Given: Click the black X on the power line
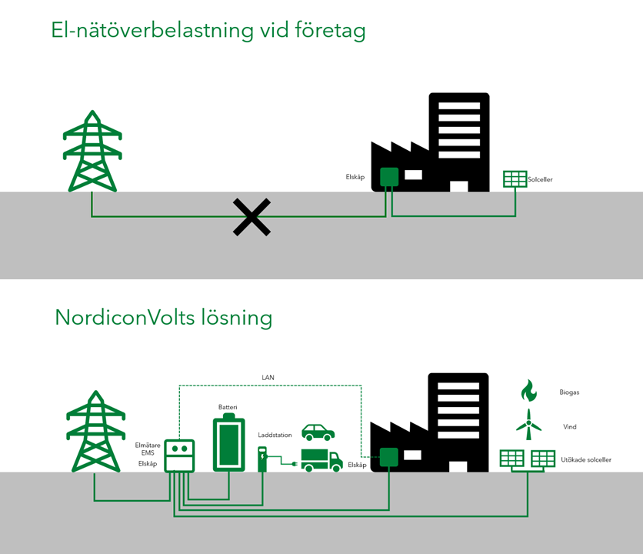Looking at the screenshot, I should click(x=252, y=217).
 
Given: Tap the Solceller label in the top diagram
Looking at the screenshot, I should click(x=540, y=180).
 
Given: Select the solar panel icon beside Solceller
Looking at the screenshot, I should click(x=515, y=179).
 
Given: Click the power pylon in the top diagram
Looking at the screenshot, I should click(x=92, y=152).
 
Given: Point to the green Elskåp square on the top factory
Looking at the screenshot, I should click(x=388, y=178).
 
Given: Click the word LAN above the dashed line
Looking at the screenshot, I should click(x=267, y=378).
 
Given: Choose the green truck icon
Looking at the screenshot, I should click(x=321, y=459).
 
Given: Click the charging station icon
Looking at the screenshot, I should click(x=263, y=459).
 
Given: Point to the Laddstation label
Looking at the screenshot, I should click(x=275, y=436).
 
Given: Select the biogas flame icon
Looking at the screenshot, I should click(x=528, y=391).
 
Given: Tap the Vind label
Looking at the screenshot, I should click(x=568, y=427).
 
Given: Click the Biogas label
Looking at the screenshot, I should click(x=570, y=392).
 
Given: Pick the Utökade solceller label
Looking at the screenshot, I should click(x=586, y=460).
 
